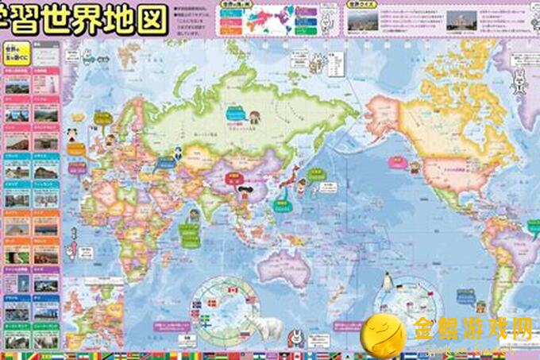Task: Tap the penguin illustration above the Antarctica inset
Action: point(388,279)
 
